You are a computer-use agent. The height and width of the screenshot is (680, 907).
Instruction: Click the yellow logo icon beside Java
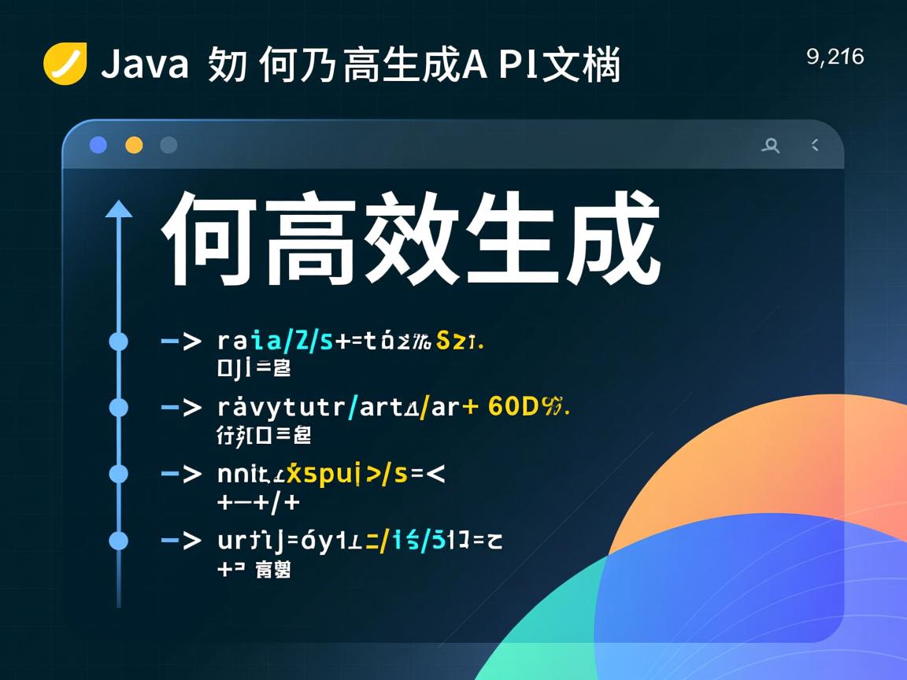(65, 64)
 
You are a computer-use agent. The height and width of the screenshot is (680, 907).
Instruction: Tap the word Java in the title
(145, 65)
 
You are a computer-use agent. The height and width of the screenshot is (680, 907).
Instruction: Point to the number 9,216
(835, 57)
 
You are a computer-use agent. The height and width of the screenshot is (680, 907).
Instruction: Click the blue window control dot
(98, 145)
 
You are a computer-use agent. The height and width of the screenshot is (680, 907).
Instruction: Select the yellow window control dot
(134, 145)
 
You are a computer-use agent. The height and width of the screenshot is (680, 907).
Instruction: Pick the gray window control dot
(168, 145)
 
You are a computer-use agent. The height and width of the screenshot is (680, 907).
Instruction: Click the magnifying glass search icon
(771, 145)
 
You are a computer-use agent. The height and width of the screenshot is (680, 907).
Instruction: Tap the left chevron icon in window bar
(815, 145)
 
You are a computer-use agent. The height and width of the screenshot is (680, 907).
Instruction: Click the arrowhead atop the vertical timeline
(119, 209)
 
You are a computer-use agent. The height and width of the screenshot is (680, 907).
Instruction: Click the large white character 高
(309, 238)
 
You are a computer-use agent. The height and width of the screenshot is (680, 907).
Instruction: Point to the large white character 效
(410, 238)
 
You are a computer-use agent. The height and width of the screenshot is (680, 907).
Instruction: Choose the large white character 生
(511, 238)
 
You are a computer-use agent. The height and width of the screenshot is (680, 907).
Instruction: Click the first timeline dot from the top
(118, 341)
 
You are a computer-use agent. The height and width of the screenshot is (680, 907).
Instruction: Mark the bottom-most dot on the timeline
(118, 541)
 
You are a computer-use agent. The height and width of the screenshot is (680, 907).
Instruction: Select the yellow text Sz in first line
(451, 341)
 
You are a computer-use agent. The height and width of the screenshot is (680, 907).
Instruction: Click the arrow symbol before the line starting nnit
(181, 474)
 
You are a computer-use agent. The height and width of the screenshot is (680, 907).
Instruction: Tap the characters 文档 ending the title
(582, 65)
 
